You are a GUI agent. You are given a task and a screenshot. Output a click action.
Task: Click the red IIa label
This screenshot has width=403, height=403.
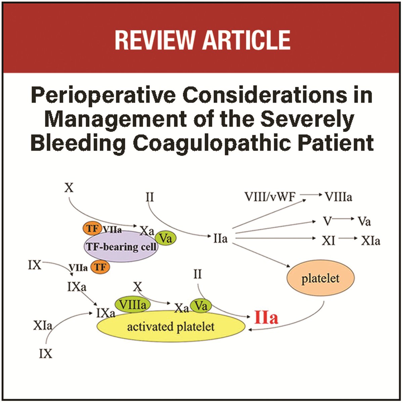[x=266, y=317]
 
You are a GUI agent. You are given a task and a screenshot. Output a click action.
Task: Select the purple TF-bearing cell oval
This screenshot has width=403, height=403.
[x=121, y=247]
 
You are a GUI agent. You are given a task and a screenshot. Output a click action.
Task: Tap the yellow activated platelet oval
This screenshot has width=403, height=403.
[x=171, y=326]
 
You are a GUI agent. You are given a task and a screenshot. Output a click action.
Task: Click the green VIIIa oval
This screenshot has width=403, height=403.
[x=133, y=305]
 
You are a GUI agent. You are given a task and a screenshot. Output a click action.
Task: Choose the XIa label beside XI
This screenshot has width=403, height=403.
[x=370, y=241]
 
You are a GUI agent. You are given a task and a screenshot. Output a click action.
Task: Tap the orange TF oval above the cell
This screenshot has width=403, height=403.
[x=92, y=229]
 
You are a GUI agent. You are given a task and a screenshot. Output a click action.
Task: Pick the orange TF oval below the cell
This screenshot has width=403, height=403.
[x=100, y=267]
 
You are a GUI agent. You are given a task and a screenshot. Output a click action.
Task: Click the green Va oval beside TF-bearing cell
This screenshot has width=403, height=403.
[x=166, y=238]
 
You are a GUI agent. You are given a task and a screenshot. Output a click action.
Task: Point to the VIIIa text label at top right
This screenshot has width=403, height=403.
[x=339, y=197]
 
